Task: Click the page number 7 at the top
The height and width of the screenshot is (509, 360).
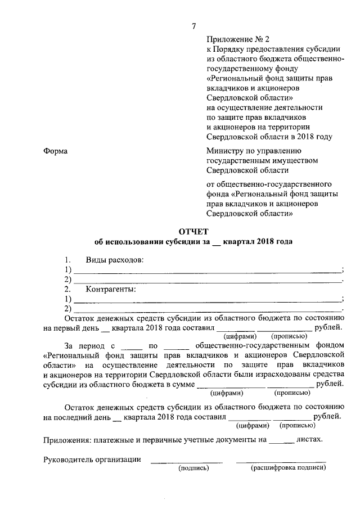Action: pos(194,26)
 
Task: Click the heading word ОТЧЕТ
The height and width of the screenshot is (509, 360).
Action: pos(193,231)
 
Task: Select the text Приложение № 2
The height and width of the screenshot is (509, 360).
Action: pos(231,39)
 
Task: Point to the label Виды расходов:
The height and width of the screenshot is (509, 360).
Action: pos(114,260)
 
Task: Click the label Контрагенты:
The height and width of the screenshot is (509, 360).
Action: pos(111,290)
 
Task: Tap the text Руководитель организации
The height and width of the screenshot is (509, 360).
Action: pos(92,460)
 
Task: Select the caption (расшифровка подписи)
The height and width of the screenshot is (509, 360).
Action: pos(288,468)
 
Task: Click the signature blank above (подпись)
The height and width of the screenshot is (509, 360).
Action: pos(186,461)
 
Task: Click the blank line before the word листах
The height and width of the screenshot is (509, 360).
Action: pos(281,440)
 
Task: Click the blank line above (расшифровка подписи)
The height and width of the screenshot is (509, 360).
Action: pos(281,461)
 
